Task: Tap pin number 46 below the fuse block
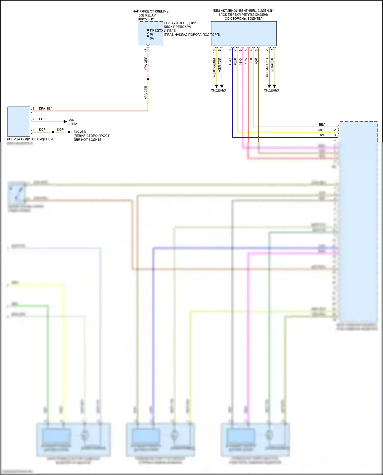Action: pos(146,50)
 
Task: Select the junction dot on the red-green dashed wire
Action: pos(148,79)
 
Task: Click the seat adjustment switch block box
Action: pos(244,34)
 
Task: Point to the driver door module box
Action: pos(19,121)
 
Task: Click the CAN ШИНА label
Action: pos(72,122)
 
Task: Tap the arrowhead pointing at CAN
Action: pos(65,121)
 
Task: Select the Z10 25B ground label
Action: pos(80,132)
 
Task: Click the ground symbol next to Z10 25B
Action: pos(70,132)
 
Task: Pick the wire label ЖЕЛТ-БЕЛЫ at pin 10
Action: pos(214,68)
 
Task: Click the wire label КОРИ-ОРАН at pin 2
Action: pos(267,67)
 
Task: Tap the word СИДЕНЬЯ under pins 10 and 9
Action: pos(219,90)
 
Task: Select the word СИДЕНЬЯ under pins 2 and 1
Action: pos(271,90)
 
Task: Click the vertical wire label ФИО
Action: pos(241,62)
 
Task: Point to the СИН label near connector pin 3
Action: pos(322,135)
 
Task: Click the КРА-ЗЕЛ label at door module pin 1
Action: pos(46,108)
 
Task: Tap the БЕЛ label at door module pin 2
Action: pos(42,119)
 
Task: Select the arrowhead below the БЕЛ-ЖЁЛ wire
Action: pos(274,86)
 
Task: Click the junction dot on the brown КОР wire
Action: pos(53,132)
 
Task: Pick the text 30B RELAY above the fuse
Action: pos(147,15)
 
